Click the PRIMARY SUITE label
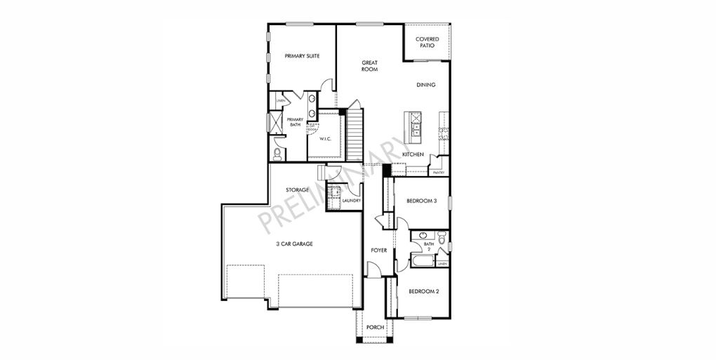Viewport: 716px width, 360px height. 302,56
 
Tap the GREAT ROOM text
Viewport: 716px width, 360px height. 370,66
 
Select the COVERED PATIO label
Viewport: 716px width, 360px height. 427,42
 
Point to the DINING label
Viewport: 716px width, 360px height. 426,85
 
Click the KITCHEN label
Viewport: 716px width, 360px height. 413,154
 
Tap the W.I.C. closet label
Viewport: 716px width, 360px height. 326,139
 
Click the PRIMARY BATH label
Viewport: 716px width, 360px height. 296,122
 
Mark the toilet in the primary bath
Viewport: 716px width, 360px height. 277,152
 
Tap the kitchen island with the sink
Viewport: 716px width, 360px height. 413,124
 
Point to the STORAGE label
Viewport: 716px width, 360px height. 298,190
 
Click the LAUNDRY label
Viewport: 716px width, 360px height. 351,201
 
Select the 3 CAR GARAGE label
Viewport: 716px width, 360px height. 293,244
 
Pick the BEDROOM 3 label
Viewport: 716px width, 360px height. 422,201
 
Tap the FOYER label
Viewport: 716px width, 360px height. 379,250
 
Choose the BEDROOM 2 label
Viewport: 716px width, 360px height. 423,291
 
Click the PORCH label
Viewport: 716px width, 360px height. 375,327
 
